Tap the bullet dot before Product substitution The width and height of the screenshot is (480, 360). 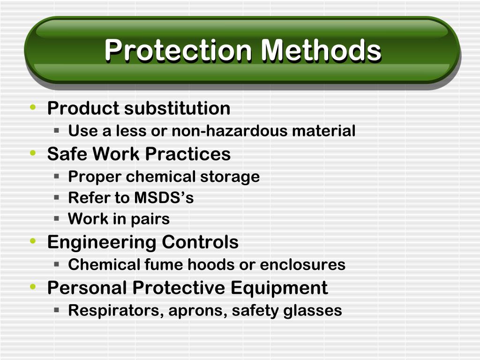tap(32, 108)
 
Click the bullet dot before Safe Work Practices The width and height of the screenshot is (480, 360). tap(32, 153)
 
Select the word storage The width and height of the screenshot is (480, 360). tap(230, 177)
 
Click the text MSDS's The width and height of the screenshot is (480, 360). tap(164, 198)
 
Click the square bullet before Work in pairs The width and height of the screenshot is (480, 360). tap(56, 218)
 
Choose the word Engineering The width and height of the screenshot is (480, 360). tap(102, 242)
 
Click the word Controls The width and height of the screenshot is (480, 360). tap(200, 242)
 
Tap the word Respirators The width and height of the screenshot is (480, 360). tap(114, 310)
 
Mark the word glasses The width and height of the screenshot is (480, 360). tap(313, 310)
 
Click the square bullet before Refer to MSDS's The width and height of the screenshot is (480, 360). tap(56, 197)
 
